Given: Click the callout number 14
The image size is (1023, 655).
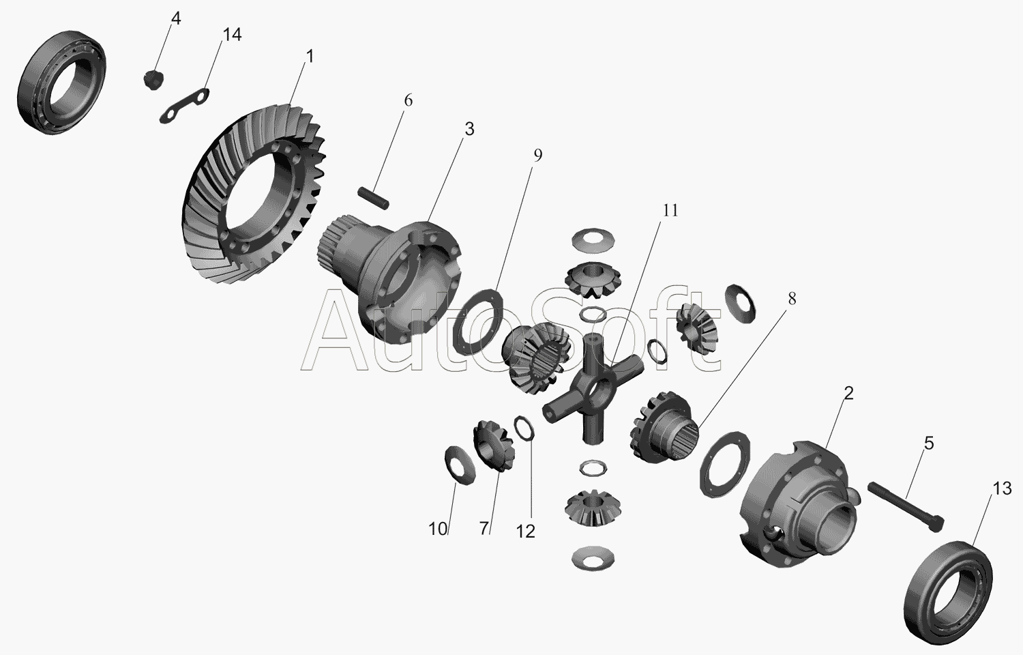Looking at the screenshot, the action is (232, 35).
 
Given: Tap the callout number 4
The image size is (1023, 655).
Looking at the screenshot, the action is (176, 18).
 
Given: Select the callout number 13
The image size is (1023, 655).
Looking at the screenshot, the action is (1002, 489).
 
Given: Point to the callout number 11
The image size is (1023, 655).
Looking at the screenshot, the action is (670, 211).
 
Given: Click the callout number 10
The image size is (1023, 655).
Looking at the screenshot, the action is (438, 529).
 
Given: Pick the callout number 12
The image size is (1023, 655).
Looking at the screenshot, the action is (525, 532).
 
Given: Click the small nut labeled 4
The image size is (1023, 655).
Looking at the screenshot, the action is (153, 79).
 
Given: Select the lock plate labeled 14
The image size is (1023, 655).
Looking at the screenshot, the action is (184, 106).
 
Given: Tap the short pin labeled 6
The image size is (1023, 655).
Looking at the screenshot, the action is (373, 199).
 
